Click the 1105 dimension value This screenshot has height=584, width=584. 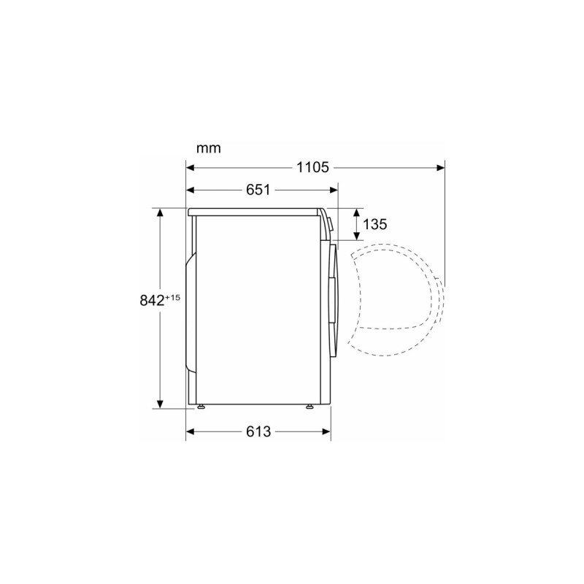pyautogui.click(x=312, y=168)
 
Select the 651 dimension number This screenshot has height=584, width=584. pyautogui.click(x=258, y=190)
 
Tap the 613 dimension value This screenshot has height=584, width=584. pyautogui.click(x=258, y=431)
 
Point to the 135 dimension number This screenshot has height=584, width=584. pyautogui.click(x=374, y=224)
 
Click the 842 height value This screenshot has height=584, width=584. pyautogui.click(x=152, y=300)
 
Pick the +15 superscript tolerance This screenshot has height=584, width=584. pyautogui.click(x=173, y=298)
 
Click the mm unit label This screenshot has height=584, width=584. pyautogui.click(x=209, y=148)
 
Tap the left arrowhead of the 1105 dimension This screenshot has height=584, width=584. pyautogui.click(x=191, y=168)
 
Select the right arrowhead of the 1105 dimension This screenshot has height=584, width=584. pyautogui.click(x=440, y=168)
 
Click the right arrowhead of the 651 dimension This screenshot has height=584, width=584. pyautogui.click(x=334, y=190)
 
